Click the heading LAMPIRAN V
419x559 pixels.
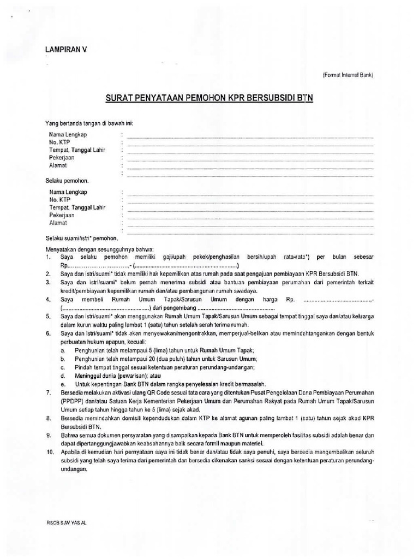click(x=66, y=50)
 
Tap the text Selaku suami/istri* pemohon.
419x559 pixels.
click(x=81, y=238)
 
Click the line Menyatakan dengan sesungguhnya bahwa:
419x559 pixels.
click(x=92, y=249)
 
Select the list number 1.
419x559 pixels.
click(x=48, y=257)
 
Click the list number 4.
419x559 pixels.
click(x=48, y=300)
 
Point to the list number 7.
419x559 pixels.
click(x=48, y=393)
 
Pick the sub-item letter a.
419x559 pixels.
click(x=63, y=350)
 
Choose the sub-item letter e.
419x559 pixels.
click(x=63, y=384)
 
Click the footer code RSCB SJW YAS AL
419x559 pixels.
click(x=67, y=522)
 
